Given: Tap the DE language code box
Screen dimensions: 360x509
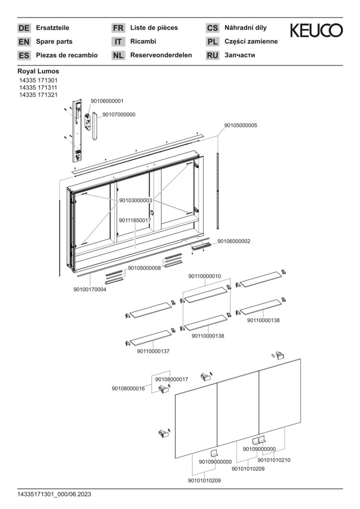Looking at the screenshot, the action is [24, 28].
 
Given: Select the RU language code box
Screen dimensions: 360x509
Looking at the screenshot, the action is [213, 56].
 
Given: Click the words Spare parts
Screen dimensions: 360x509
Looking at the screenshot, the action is [54, 41].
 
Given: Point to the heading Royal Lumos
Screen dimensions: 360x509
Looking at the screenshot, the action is [38, 71].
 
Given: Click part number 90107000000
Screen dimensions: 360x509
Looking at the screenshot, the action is [119, 115].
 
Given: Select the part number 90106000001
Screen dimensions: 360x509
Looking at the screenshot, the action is [107, 101].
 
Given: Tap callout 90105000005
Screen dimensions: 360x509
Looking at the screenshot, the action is [240, 125].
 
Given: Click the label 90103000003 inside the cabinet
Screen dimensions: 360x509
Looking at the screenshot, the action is [136, 201].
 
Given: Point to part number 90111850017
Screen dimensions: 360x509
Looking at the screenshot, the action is [135, 221].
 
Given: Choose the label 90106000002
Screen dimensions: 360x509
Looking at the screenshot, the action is [234, 241].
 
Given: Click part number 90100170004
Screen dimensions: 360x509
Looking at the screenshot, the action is [90, 289].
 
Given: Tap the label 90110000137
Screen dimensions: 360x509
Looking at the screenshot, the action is [153, 351].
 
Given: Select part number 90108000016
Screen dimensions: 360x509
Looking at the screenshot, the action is [128, 388].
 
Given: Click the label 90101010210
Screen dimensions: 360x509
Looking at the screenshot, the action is [274, 460].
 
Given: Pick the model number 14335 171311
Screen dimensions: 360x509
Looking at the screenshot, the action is [38, 88].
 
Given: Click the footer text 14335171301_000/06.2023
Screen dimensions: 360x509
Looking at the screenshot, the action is [54, 494].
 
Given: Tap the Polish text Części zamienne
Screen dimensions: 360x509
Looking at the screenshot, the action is [251, 41].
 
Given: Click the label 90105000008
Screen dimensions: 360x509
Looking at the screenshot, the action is [144, 268].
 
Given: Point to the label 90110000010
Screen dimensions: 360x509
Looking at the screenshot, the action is [205, 276].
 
